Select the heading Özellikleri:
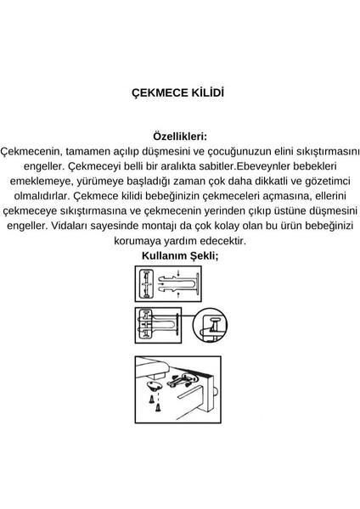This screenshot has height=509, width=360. tap(179, 135)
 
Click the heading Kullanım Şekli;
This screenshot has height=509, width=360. tap(179, 255)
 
